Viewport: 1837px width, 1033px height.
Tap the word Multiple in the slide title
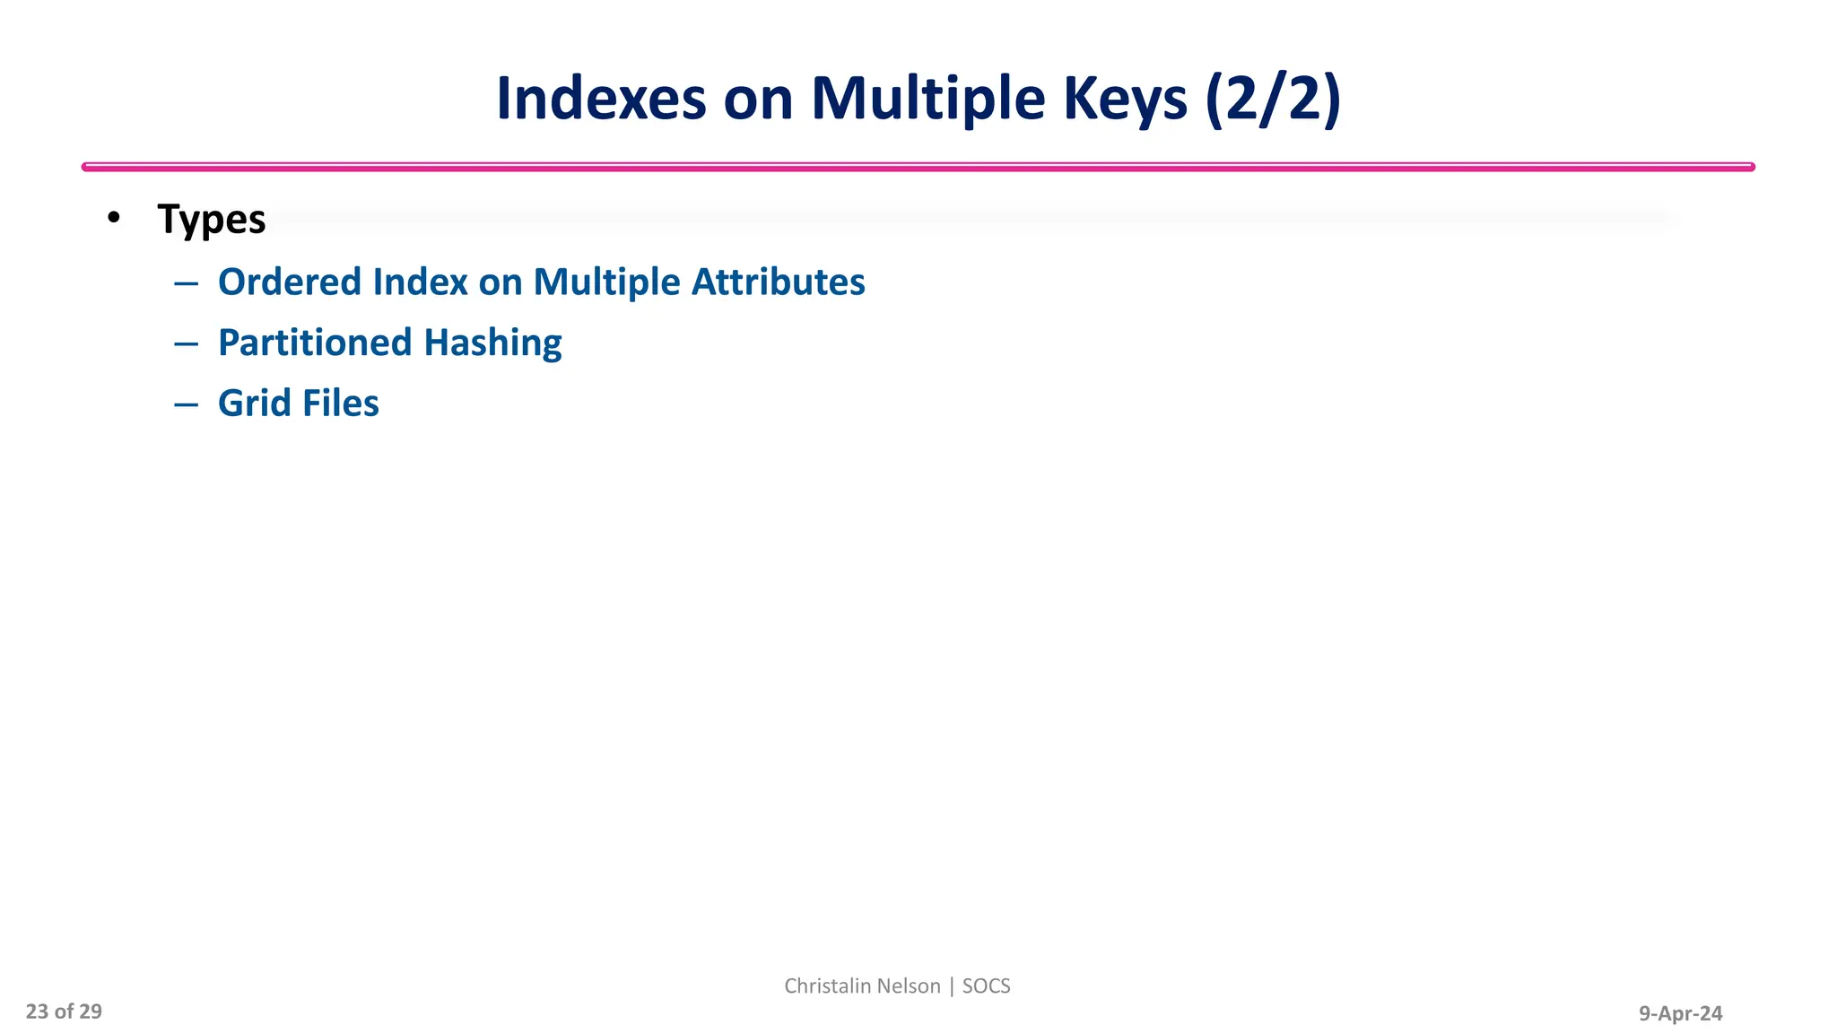pyautogui.click(x=927, y=98)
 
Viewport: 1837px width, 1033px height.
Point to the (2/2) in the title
pyautogui.click(x=1273, y=98)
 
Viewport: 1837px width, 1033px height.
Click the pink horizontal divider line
pyautogui.click(x=918, y=167)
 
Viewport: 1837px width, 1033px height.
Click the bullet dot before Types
pyautogui.click(x=113, y=218)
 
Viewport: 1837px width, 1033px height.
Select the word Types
pyautogui.click(x=212, y=220)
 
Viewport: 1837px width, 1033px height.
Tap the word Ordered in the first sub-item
pyautogui.click(x=290, y=282)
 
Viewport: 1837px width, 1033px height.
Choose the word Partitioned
pyautogui.click(x=315, y=343)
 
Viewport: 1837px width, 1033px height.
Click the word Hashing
pyautogui.click(x=492, y=343)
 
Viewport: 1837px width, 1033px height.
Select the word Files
pyautogui.click(x=340, y=403)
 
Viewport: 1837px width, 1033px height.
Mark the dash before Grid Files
pyautogui.click(x=186, y=404)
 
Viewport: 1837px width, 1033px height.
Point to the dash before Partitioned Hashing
pyautogui.click(x=186, y=343)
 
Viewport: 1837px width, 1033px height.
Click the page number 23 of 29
pyautogui.click(x=64, y=1011)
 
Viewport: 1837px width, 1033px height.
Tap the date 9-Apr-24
pyautogui.click(x=1680, y=1013)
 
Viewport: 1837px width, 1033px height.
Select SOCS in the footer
pyautogui.click(x=986, y=985)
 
